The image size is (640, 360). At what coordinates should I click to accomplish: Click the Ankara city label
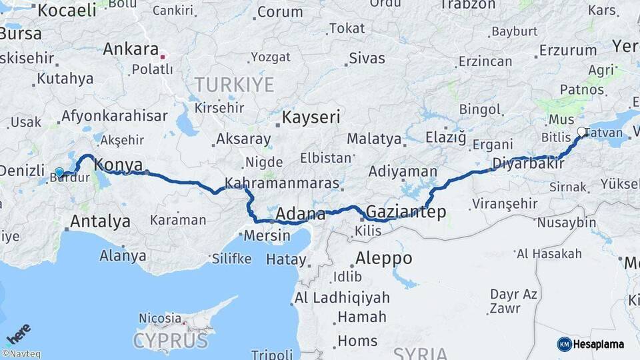(131, 49)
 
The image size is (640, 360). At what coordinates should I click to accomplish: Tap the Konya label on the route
(118, 164)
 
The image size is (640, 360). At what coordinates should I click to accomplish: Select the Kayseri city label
(311, 117)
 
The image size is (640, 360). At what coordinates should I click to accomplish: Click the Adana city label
(300, 215)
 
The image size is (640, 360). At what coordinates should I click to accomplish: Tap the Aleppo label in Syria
(383, 258)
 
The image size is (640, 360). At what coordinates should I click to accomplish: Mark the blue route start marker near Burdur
(59, 173)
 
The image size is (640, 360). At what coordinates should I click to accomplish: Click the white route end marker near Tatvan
(581, 132)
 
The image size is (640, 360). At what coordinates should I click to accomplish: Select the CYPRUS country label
(170, 341)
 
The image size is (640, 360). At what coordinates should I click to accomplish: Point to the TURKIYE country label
(234, 85)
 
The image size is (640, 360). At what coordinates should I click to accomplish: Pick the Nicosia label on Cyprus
(160, 318)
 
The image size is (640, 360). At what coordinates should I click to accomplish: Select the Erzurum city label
(567, 50)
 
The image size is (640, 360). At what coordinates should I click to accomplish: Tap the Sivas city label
(367, 58)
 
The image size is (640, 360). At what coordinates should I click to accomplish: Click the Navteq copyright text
(21, 354)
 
